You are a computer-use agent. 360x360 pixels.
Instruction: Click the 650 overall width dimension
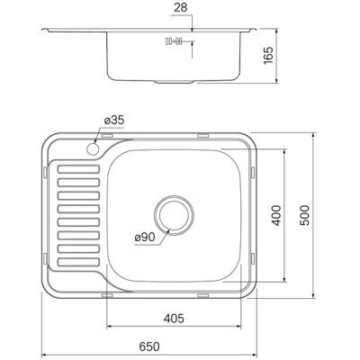tap(149, 346)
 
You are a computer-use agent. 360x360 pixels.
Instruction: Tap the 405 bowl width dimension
tap(174, 319)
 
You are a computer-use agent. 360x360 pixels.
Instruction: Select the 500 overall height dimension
tap(304, 215)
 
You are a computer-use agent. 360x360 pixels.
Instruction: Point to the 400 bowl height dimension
tap(275, 215)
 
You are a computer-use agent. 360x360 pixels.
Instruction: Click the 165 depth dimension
tap(268, 55)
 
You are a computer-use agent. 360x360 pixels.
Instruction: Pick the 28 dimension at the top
tap(180, 8)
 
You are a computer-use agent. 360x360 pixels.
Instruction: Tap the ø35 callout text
tap(114, 121)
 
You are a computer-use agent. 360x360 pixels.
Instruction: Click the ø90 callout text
tap(145, 238)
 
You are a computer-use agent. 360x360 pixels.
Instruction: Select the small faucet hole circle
tap(93, 148)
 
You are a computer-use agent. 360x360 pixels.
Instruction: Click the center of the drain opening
tap(174, 215)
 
